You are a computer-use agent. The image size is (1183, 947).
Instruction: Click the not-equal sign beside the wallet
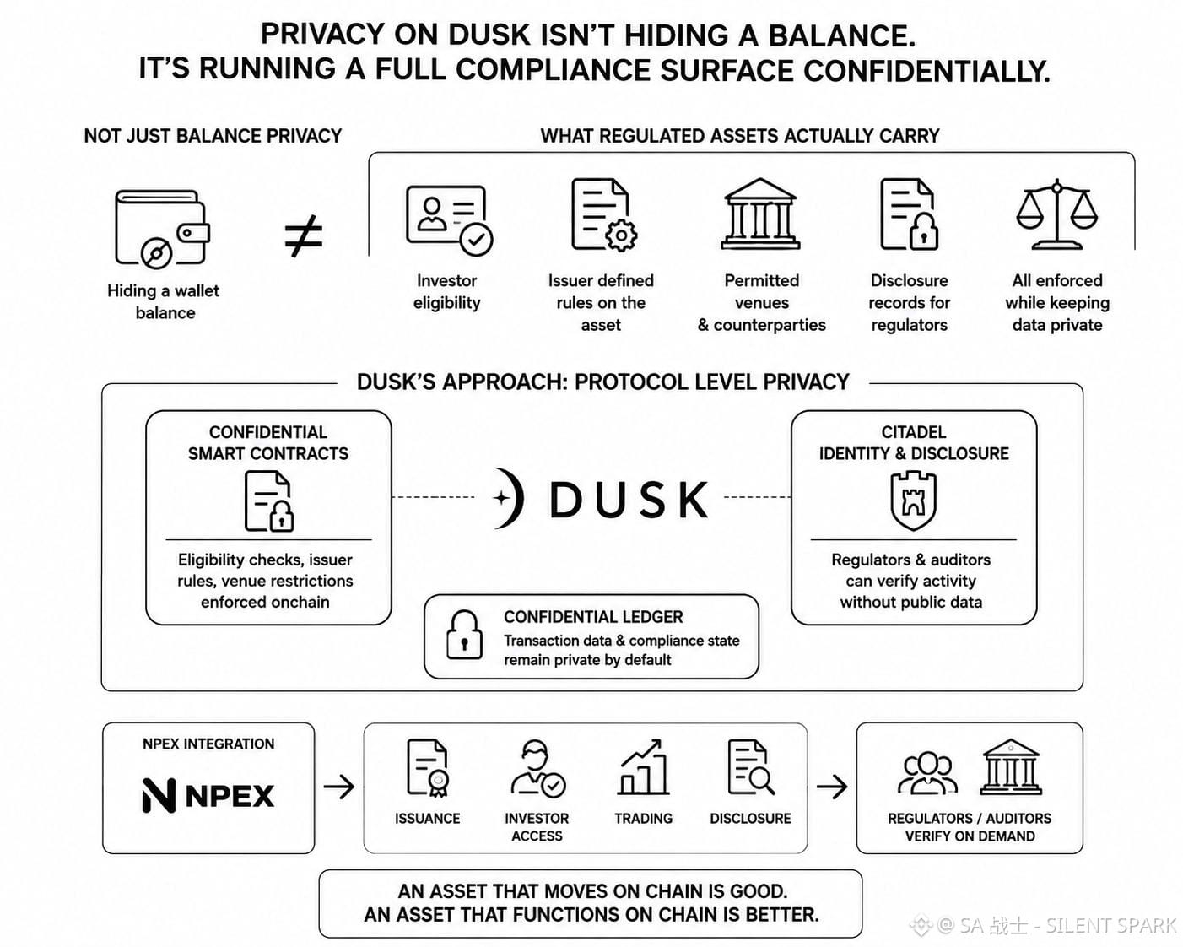[x=304, y=236]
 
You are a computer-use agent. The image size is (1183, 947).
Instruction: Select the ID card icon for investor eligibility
[x=449, y=220]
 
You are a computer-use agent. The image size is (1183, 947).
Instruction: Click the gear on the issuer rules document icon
[x=621, y=235]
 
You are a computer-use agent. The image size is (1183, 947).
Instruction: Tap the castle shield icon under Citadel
[x=913, y=501]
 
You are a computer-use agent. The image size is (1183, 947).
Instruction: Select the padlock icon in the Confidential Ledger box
[x=465, y=636]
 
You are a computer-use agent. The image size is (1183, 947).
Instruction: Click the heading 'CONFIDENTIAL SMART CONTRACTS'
[x=268, y=443]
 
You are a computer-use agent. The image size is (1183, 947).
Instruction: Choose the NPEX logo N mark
[x=159, y=795]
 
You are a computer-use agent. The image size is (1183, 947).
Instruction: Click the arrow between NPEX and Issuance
[x=339, y=787]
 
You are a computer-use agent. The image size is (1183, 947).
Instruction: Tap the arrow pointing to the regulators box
[x=832, y=787]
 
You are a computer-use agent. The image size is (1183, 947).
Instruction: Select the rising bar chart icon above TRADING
[x=643, y=768]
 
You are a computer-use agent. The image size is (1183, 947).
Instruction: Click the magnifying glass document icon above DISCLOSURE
[x=751, y=767]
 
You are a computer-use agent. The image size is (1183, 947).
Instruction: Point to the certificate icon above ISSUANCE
[x=427, y=768]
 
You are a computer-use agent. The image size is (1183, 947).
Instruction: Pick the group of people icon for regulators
[x=927, y=773]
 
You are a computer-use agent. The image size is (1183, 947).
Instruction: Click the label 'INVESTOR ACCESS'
[x=537, y=827]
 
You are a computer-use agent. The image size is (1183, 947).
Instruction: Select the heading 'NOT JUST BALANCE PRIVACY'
[x=213, y=136]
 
